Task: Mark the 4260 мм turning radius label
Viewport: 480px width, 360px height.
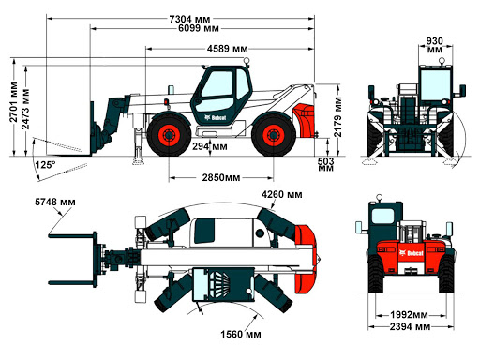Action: (x=282, y=194)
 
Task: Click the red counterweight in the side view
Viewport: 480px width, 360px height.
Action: (x=306, y=120)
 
